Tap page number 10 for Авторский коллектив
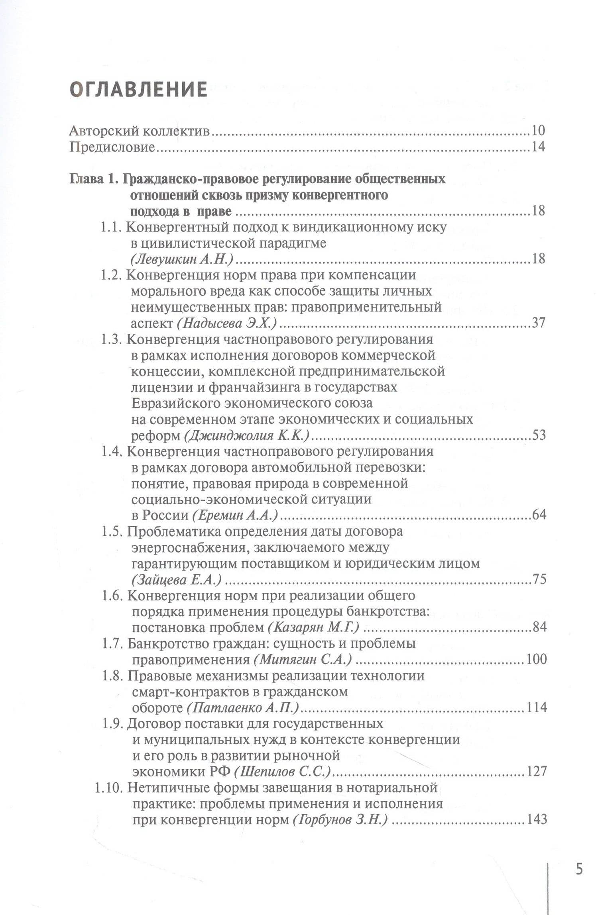click(x=538, y=131)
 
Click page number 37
click(x=538, y=323)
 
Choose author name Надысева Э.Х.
click(x=226, y=323)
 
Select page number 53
click(x=538, y=435)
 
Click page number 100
click(x=536, y=660)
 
